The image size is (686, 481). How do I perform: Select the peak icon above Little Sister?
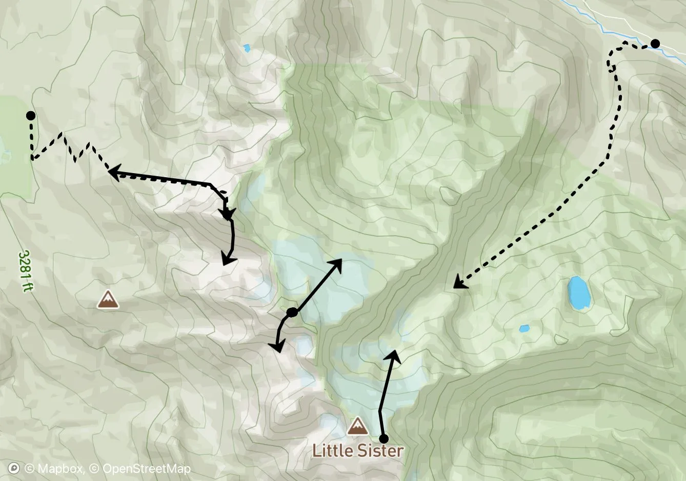pyautogui.click(x=357, y=426)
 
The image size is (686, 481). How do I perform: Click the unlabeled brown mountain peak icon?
pyautogui.click(x=108, y=300)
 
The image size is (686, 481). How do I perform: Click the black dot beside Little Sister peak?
pyautogui.click(x=383, y=438)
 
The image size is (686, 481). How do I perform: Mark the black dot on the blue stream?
pyautogui.click(x=655, y=44)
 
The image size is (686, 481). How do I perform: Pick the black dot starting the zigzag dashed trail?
pyautogui.click(x=31, y=116)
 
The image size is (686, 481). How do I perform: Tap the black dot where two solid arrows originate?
pyautogui.click(x=292, y=312)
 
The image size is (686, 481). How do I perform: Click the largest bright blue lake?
pyautogui.click(x=579, y=292)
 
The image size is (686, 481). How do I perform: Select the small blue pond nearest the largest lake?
pyautogui.click(x=523, y=328)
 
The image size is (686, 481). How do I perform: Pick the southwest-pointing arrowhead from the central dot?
pyautogui.click(x=277, y=348)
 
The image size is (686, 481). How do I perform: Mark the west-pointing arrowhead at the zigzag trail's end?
pyautogui.click(x=113, y=172)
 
